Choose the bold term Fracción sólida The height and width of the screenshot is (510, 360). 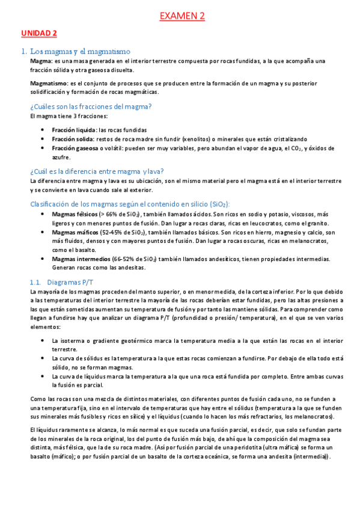coord(72,138)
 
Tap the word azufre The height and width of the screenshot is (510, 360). coord(61,157)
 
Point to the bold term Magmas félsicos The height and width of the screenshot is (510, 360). coord(75,214)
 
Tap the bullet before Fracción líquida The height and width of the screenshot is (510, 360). coord(41,129)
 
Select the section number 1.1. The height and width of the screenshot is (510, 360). coord(37,281)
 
